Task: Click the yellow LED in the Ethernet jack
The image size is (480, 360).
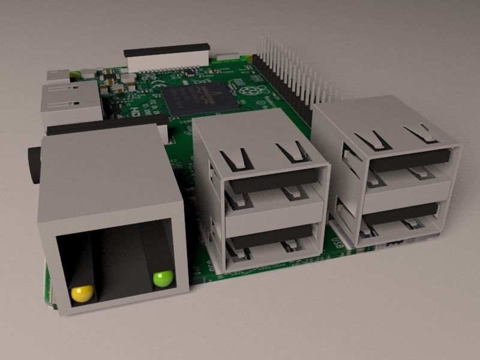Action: click(x=82, y=293)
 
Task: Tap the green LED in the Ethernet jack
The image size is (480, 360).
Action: click(x=163, y=278)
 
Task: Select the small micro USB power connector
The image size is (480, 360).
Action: click(x=58, y=76)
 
